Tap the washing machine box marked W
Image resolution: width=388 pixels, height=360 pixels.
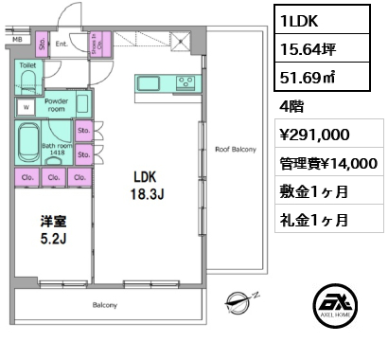click(x=26, y=107)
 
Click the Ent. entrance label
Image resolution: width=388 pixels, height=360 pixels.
click(x=60, y=43)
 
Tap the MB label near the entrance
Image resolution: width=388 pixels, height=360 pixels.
click(x=17, y=39)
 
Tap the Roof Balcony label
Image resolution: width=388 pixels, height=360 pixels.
click(x=235, y=150)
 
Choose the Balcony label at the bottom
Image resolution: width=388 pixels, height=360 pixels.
click(x=104, y=305)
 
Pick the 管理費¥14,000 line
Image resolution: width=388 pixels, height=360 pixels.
click(x=327, y=164)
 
